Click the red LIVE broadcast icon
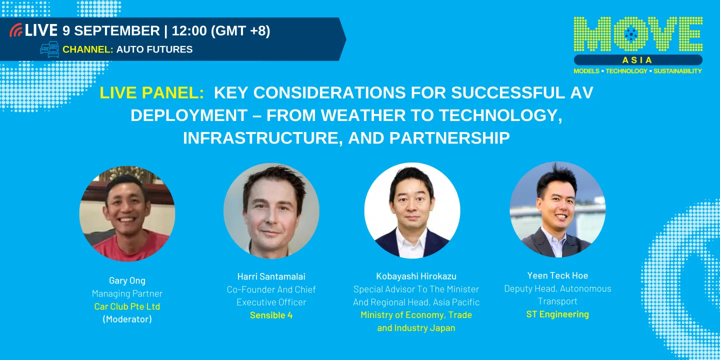pos(16,30)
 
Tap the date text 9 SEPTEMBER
pos(111,31)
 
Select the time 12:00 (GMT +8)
pos(220,31)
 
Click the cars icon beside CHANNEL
pos(49,49)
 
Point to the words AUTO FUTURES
pos(154,49)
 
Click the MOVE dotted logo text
pos(637,34)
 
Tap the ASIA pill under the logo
pos(638,60)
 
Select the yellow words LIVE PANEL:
pos(151,92)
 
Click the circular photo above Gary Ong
pos(127,213)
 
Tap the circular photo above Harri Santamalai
pos(271,210)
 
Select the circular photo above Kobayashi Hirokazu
pos(412,210)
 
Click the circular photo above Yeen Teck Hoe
pos(557,209)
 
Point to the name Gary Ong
pos(127,280)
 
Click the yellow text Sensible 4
pos(271,315)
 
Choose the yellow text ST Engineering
pos(557,314)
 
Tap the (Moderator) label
pos(127,319)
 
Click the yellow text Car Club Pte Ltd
pos(127,306)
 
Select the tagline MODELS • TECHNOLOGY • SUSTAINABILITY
pos(637,71)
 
